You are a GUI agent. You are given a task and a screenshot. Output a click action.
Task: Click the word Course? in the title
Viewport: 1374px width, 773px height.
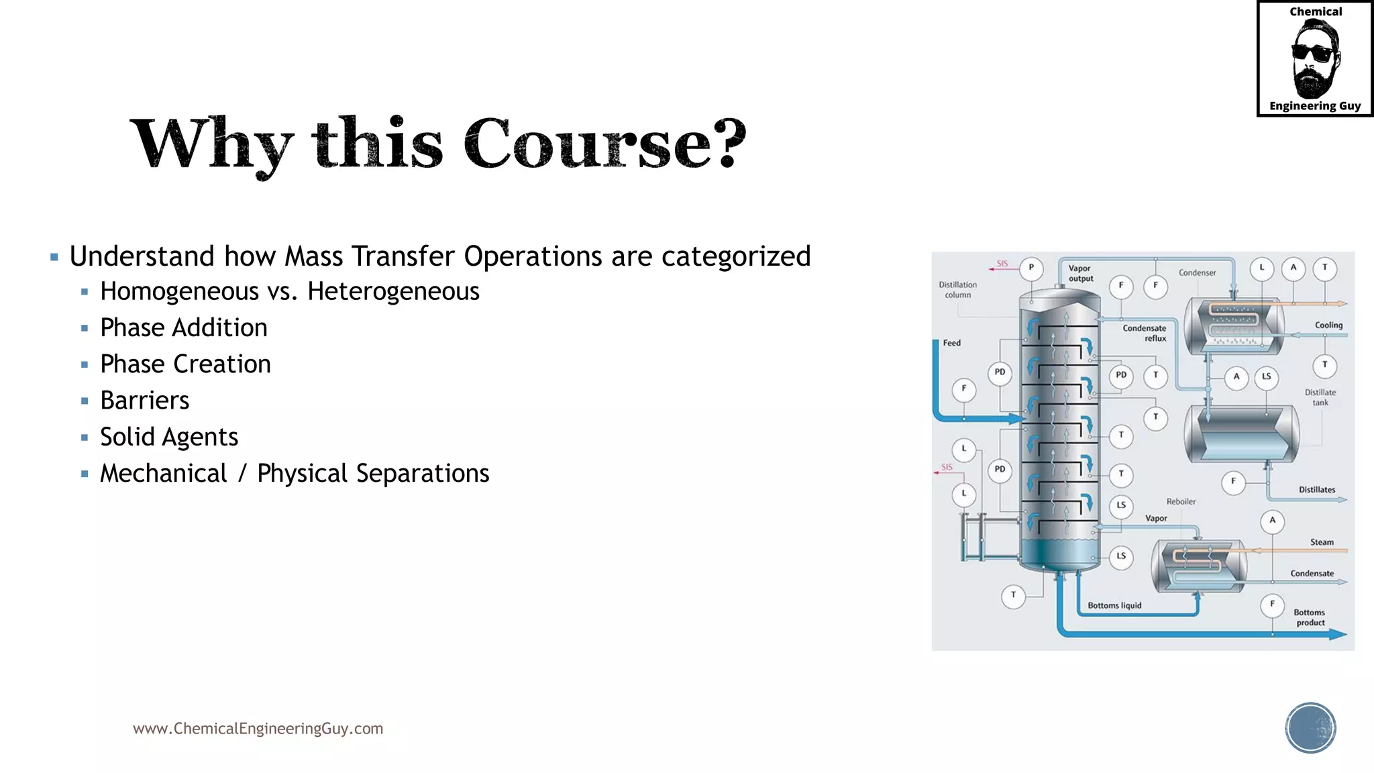[x=604, y=144]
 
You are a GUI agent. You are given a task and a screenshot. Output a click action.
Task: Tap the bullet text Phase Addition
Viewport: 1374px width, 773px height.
[x=183, y=328]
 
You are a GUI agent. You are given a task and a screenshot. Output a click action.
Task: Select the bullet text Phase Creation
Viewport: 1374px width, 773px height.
[x=185, y=364]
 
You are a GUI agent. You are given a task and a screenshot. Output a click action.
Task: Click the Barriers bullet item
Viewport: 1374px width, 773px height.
[x=144, y=401]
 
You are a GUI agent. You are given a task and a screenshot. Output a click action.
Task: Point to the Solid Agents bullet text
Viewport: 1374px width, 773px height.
[x=169, y=437]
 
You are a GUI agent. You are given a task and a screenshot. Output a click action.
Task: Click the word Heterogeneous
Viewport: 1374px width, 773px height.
[x=393, y=292]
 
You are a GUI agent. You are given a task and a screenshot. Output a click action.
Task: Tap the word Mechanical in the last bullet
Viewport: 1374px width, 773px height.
[x=164, y=474]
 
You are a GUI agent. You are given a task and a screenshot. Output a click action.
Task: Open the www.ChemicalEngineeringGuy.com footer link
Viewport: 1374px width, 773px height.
[x=258, y=729]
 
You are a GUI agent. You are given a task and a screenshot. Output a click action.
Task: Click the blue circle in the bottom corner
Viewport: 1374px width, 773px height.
[x=1310, y=728]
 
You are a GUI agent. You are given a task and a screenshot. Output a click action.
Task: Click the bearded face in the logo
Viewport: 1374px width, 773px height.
[x=1314, y=59]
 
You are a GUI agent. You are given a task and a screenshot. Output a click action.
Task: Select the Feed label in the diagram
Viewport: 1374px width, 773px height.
[x=951, y=343]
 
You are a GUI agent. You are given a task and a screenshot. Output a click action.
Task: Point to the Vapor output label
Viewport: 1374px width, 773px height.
[x=1080, y=273]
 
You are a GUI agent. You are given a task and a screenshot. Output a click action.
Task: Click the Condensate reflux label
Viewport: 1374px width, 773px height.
[x=1145, y=333]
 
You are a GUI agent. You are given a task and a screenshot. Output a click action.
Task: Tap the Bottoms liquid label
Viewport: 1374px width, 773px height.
[x=1114, y=605]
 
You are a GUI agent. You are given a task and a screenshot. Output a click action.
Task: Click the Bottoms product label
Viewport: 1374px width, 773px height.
[x=1310, y=617]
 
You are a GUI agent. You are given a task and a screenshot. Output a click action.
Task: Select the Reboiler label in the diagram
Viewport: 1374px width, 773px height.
[x=1181, y=501]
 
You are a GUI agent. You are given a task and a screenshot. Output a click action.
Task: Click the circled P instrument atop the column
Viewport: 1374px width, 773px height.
[x=1031, y=268]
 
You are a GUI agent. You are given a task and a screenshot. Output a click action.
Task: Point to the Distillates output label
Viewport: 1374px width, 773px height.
[x=1316, y=490]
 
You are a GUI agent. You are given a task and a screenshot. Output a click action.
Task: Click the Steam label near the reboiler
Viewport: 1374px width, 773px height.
[x=1322, y=542]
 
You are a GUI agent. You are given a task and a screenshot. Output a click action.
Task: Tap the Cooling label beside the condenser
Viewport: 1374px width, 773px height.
[x=1328, y=325]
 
